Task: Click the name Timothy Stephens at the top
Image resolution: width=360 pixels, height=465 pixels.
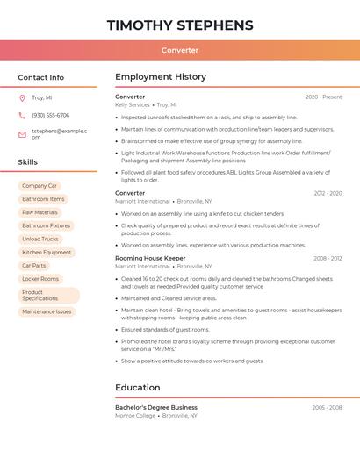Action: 180,25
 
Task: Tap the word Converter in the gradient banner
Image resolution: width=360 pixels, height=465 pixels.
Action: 180,50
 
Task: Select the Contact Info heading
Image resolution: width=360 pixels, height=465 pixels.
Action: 40,77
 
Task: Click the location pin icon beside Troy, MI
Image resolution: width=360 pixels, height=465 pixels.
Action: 22,98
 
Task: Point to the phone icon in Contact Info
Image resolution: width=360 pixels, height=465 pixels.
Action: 22,115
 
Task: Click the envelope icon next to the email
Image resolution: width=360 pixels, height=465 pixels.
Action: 22,134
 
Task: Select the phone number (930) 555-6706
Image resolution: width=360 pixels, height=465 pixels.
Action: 50,115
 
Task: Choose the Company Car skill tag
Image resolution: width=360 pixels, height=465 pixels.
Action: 40,186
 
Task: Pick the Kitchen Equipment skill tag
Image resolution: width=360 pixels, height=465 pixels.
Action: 47,252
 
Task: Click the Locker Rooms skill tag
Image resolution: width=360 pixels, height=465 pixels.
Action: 40,279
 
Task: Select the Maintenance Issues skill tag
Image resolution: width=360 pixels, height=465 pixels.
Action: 47,311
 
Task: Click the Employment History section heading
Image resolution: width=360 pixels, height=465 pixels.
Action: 161,77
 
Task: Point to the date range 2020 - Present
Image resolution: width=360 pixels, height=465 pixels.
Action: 323,97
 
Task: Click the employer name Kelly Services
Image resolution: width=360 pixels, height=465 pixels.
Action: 133,104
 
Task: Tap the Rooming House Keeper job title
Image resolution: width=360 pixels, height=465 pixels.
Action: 150,258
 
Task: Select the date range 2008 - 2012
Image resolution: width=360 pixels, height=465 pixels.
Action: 327,258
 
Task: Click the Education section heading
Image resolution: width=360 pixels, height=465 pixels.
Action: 138,388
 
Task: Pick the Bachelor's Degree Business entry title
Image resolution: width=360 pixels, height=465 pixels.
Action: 156,407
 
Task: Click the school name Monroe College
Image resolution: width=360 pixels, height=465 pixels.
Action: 134,415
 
